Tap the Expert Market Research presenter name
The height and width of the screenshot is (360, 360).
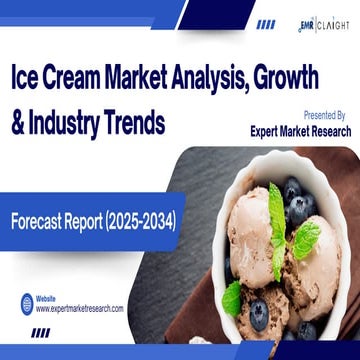291,130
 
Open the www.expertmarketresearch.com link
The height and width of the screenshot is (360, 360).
80,309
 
